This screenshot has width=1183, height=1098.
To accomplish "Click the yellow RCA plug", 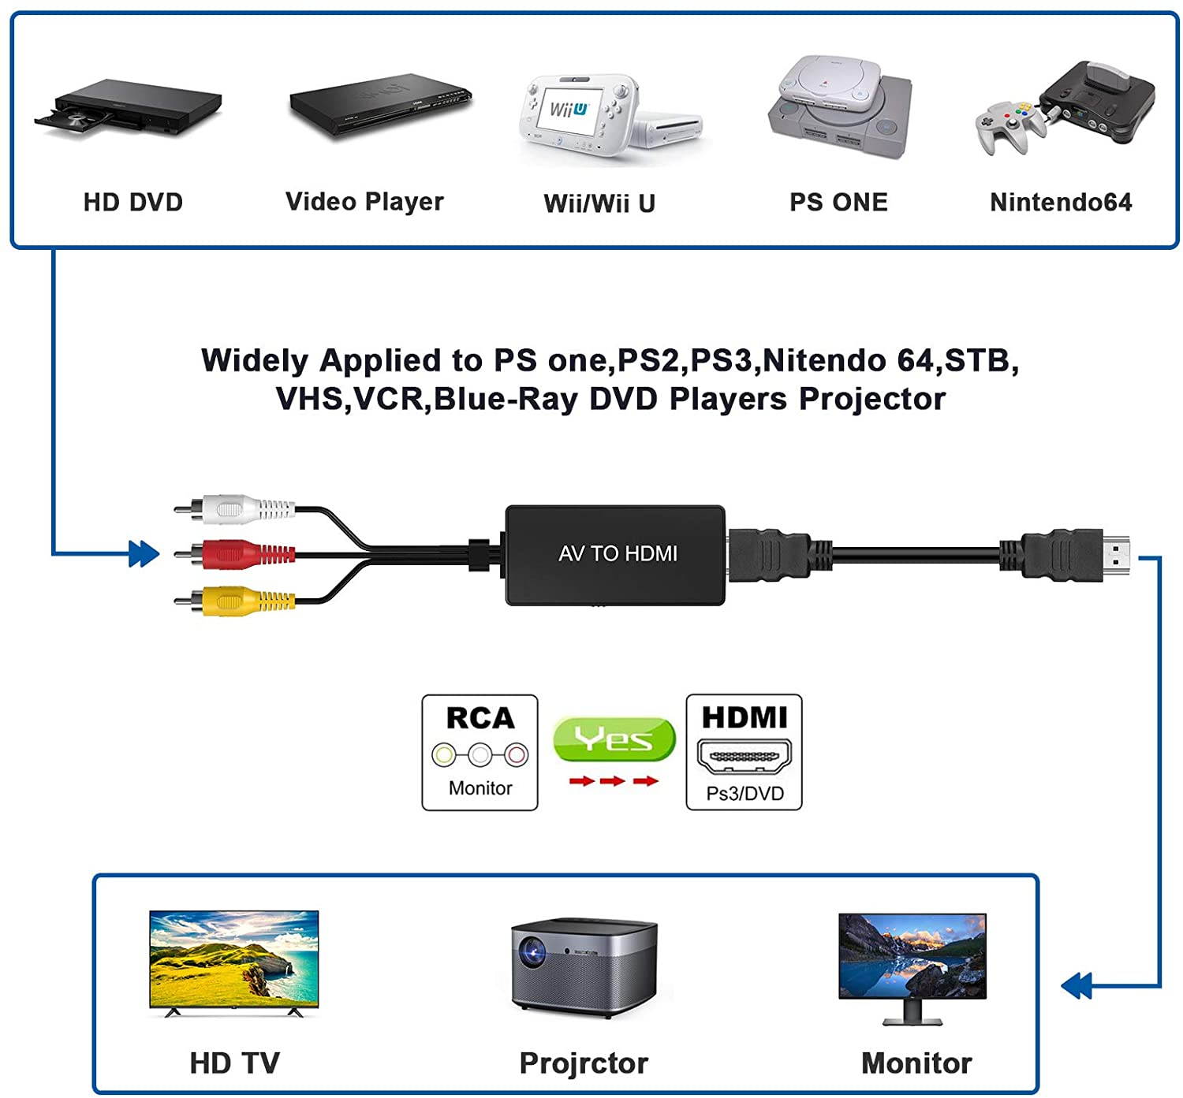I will click(x=237, y=601).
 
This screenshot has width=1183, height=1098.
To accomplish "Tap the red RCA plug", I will click(x=237, y=554).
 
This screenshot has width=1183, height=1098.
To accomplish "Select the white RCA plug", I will click(x=237, y=508).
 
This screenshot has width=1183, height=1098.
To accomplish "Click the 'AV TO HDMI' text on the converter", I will click(x=618, y=554).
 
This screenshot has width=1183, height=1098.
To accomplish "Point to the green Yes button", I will click(x=614, y=739).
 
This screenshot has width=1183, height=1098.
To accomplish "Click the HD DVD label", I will click(x=133, y=203).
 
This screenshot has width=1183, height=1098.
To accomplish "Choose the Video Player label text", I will click(x=364, y=202).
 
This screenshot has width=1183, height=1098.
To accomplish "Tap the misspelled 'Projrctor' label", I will click(x=584, y=1063).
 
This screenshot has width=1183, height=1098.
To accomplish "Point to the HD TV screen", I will click(x=234, y=958).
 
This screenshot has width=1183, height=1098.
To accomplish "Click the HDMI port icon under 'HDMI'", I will click(x=744, y=757).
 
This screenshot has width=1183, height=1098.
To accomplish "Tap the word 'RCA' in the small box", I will click(x=480, y=718).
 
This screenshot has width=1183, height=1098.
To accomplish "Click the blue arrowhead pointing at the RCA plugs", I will click(x=143, y=554).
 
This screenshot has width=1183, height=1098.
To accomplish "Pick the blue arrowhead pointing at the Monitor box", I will click(x=1077, y=985).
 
